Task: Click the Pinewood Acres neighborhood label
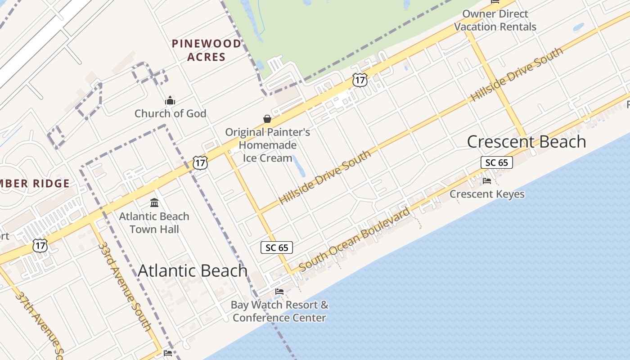click(207, 50)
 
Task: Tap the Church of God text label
click(170, 113)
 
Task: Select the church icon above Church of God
click(170, 100)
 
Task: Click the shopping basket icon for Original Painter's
click(267, 118)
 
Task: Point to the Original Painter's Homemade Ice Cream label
click(267, 145)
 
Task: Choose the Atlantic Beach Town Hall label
click(154, 223)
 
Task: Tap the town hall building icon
click(154, 203)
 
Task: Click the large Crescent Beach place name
click(526, 142)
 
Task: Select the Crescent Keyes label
click(487, 194)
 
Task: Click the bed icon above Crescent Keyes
click(487, 181)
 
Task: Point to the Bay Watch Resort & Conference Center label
click(279, 311)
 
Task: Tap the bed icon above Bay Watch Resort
click(279, 291)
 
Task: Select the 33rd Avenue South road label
click(125, 287)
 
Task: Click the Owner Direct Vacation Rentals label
click(495, 20)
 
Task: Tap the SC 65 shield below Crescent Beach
click(497, 162)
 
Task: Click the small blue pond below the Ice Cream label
click(298, 166)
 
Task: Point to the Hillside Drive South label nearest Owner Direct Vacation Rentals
click(517, 74)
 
